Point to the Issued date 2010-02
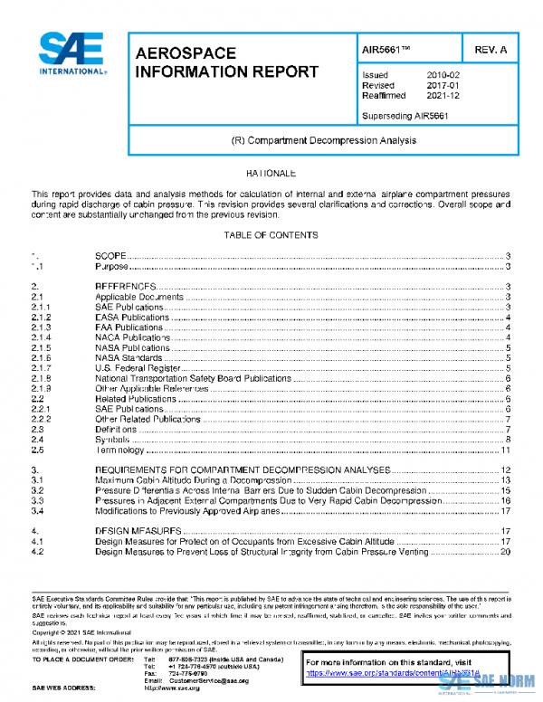[443, 75]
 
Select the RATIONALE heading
[271, 172]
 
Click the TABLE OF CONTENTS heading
[271, 235]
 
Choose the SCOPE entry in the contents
[111, 257]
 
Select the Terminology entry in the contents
[120, 450]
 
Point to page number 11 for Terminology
[507, 450]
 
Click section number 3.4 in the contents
[37, 510]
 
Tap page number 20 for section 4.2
[507, 551]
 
